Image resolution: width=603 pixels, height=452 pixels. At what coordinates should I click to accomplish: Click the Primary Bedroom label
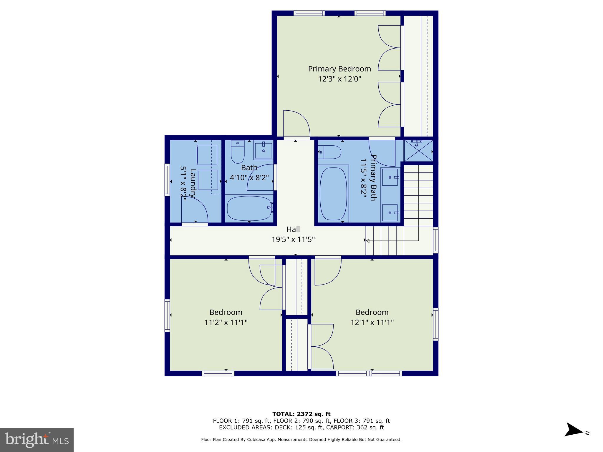click(339, 69)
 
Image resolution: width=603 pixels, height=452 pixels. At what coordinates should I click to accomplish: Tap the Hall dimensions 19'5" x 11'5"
click(293, 240)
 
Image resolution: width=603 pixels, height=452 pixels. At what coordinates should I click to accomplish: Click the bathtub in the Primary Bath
click(333, 194)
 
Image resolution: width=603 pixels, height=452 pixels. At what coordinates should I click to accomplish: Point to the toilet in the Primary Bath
click(330, 152)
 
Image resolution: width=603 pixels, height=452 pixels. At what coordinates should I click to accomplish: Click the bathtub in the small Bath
click(249, 208)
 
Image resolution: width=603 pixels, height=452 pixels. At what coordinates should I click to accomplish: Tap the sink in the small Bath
click(264, 150)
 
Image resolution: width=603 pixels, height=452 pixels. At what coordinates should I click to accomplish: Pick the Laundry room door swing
click(194, 210)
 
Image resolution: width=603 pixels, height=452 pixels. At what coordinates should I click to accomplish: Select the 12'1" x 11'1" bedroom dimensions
click(372, 323)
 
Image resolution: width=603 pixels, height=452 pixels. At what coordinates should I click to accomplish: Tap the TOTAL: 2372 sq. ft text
click(301, 414)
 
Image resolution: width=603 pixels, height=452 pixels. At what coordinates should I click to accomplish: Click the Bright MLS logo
click(37, 440)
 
